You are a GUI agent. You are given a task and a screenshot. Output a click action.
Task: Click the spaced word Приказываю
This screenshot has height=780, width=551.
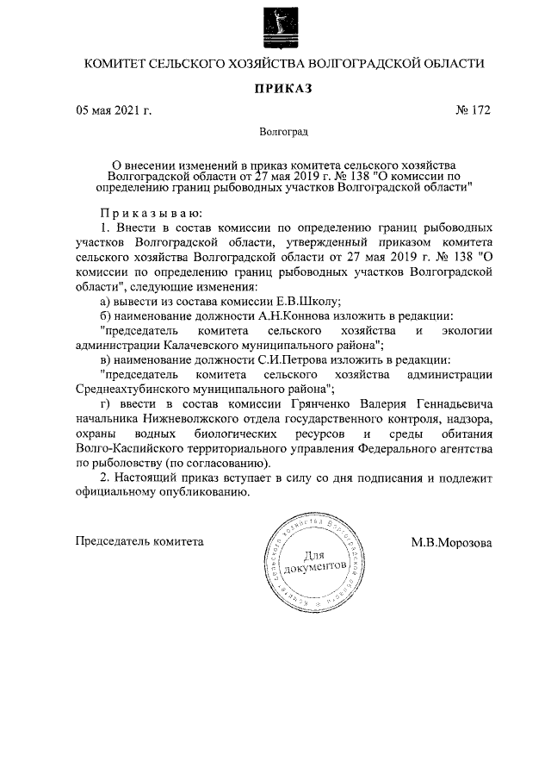pyautogui.click(x=152, y=212)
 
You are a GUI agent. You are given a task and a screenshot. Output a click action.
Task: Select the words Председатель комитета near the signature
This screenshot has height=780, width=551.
pyautogui.click(x=140, y=542)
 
